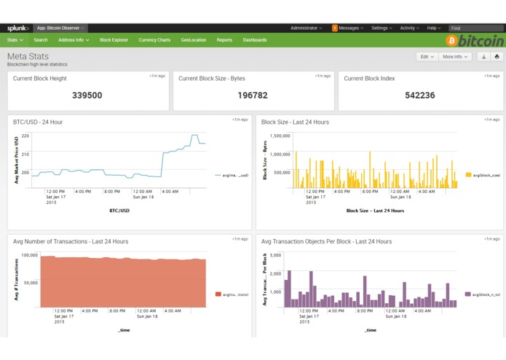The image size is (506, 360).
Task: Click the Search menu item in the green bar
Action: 41,40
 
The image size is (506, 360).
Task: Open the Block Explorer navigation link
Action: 114,40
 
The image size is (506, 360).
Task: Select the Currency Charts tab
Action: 154,40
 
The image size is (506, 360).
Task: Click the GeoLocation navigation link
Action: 194,40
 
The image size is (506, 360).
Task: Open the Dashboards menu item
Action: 255,40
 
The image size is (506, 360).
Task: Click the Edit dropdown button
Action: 427,56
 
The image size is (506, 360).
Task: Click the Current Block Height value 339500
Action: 87,95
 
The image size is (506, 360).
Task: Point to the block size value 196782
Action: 253,95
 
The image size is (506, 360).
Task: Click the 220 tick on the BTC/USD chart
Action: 25,136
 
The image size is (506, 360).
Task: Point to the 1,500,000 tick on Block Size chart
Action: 280,136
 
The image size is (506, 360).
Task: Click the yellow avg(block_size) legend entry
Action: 483,175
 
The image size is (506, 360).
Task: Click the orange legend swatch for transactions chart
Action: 218,294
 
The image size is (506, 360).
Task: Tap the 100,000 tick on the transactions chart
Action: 30,256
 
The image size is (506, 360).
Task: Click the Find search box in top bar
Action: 475,28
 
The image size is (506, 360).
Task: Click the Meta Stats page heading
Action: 28,56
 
